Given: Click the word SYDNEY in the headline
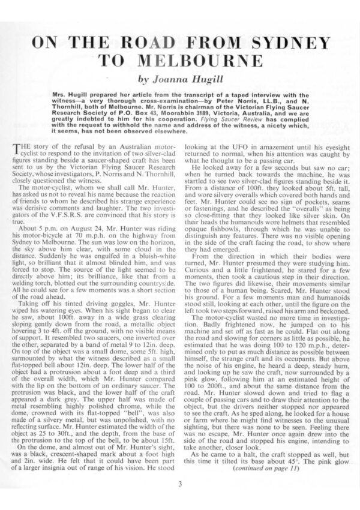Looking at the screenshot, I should tap(287, 44).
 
